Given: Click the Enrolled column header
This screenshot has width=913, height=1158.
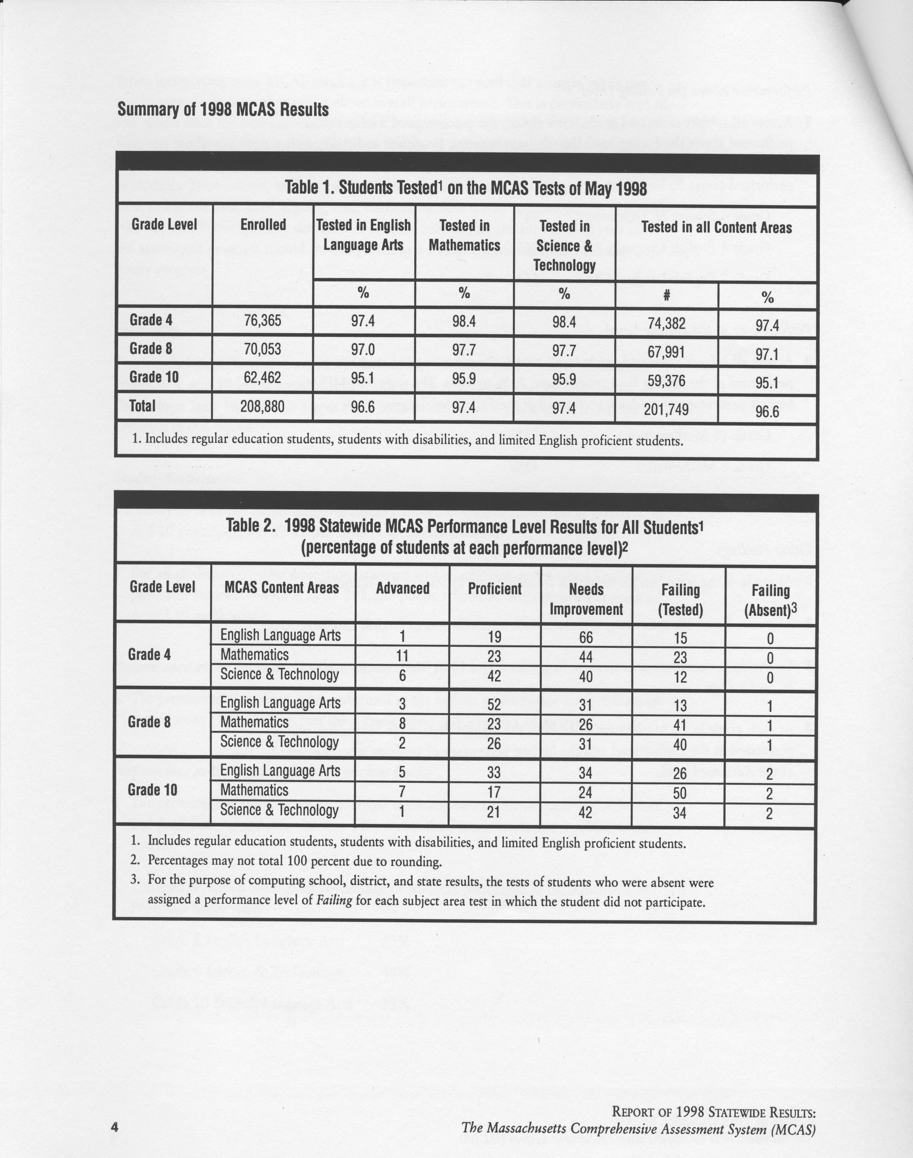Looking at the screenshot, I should (x=263, y=225).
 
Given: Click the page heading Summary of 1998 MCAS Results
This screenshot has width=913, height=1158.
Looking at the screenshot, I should (x=223, y=110).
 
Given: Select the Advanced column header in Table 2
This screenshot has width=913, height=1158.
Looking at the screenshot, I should (x=402, y=589).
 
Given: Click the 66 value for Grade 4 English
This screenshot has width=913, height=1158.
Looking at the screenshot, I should (x=586, y=637).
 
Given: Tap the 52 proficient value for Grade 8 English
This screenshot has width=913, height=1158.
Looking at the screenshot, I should (x=494, y=705).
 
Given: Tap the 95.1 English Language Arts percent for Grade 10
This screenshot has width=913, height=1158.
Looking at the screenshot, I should (x=363, y=378).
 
